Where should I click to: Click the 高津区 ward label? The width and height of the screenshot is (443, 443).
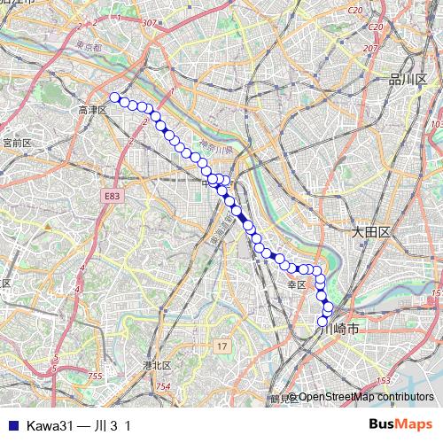point(92,110)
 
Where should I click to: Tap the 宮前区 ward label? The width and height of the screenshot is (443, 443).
point(17,142)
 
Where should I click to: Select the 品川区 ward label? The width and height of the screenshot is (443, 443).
point(408,80)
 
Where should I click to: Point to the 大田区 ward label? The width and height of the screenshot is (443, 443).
point(370,231)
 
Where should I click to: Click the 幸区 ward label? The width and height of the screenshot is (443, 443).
point(296,284)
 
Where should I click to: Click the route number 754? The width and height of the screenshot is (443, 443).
point(162,387)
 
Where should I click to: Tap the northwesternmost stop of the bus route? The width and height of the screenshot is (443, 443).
point(114,97)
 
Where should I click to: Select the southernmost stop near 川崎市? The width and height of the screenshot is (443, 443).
point(323,321)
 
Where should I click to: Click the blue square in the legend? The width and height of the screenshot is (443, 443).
point(12,425)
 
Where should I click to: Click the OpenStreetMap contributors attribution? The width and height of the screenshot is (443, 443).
point(364,397)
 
